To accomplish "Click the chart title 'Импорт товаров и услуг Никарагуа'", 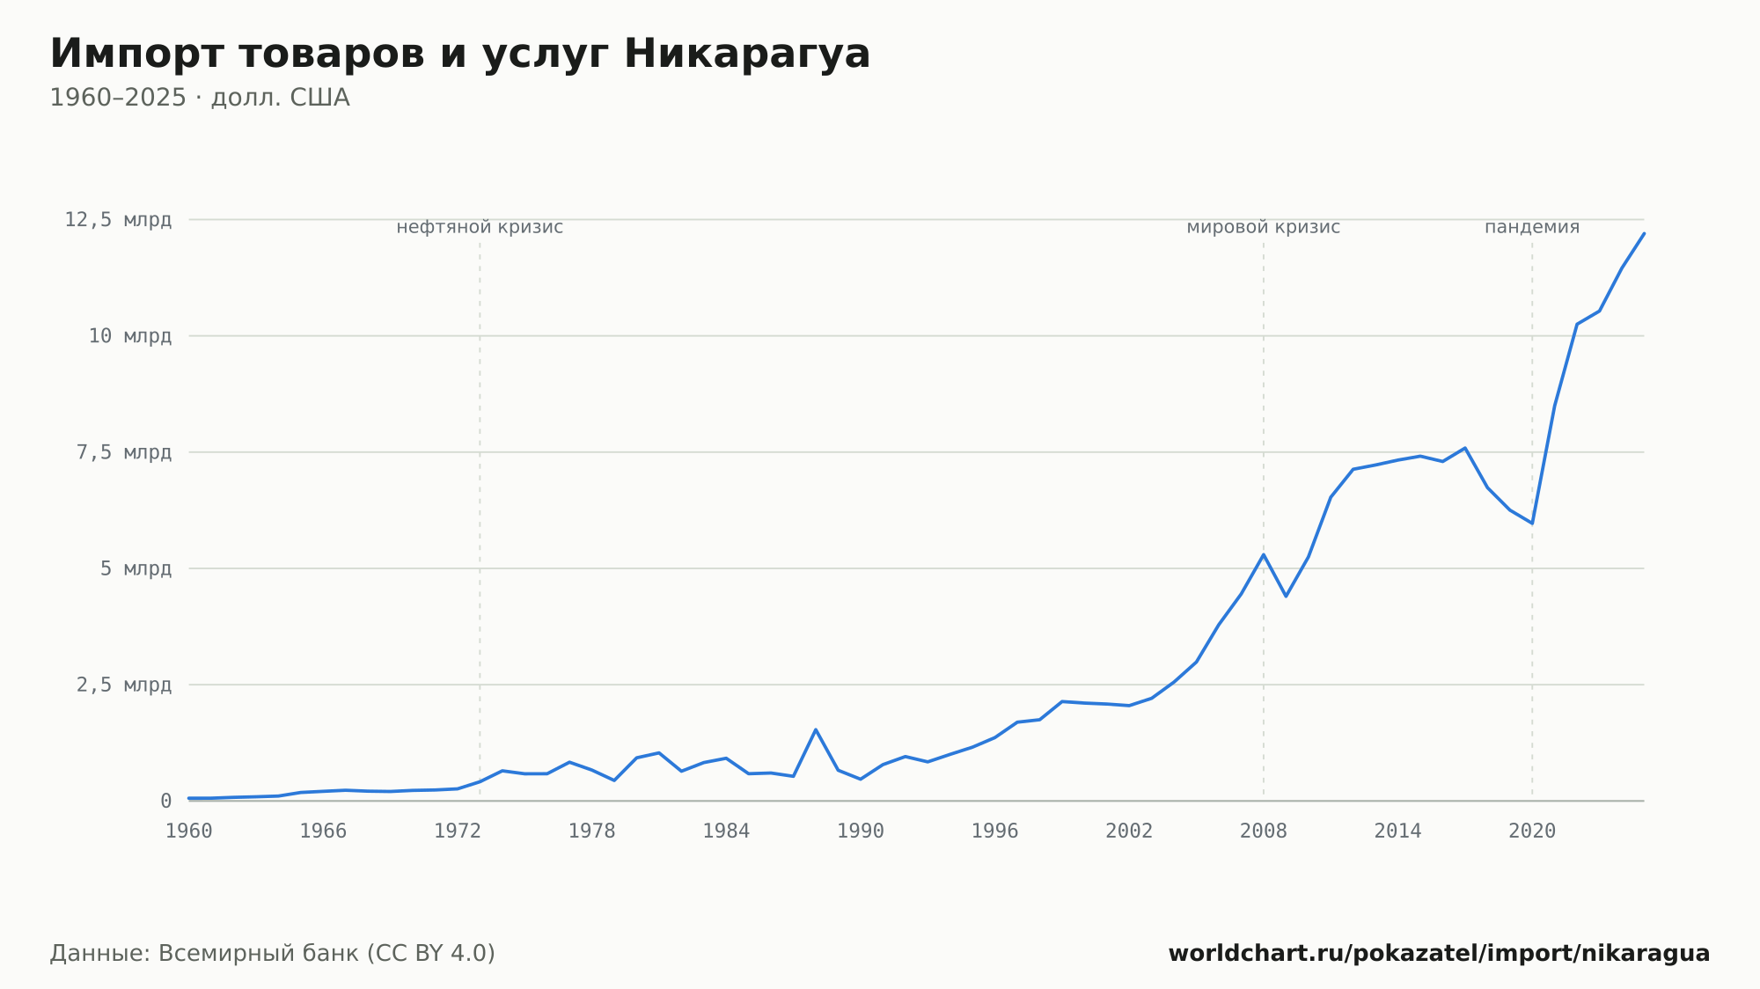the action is click(x=460, y=55).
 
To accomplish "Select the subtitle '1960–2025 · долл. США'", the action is click(x=200, y=98).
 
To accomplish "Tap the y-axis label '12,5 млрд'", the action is click(x=118, y=220).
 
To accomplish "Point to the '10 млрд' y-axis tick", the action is click(x=130, y=336).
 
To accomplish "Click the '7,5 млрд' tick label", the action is click(x=124, y=452).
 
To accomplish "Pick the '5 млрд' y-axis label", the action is click(x=136, y=568).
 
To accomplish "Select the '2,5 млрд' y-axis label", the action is click(x=124, y=685).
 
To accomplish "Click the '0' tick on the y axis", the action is click(x=165, y=801).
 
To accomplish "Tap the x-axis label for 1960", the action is click(x=189, y=831).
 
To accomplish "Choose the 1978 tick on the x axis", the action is click(x=592, y=831).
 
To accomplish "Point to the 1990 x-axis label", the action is click(x=861, y=831).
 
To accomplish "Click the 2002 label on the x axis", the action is click(x=1129, y=831).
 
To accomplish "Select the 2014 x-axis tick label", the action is click(x=1397, y=831).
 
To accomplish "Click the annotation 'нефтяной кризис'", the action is click(x=480, y=227).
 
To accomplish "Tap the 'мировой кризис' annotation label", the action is click(x=1264, y=227).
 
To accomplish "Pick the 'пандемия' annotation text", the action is click(x=1532, y=227).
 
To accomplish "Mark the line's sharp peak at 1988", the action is click(x=816, y=729).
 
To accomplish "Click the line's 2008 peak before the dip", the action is click(x=1264, y=554).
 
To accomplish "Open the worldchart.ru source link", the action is click(x=1439, y=954).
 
